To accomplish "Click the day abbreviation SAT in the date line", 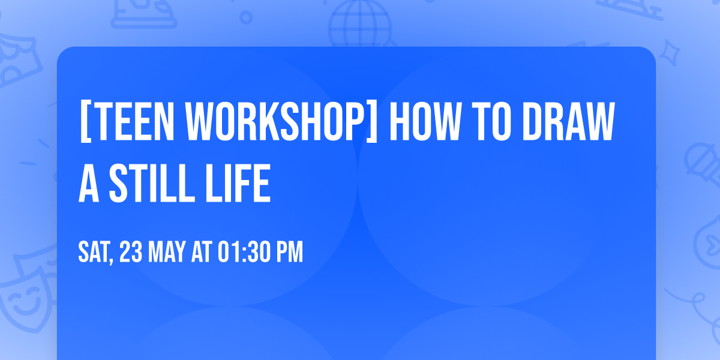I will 95,253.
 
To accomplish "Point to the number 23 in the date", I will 131,253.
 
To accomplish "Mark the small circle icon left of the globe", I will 245,18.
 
